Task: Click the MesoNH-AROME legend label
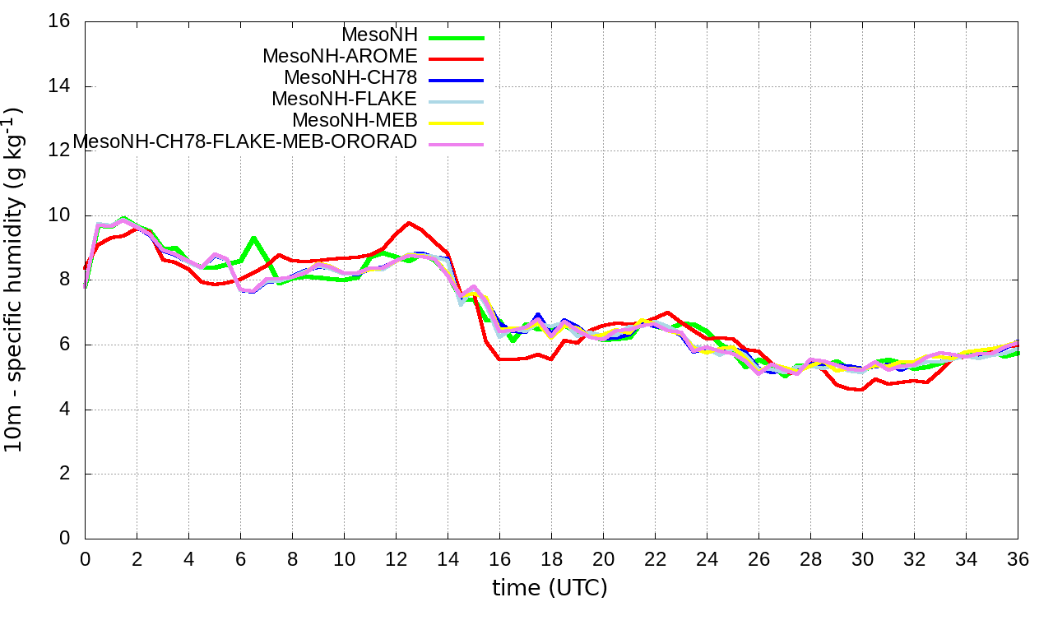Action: pyautogui.click(x=340, y=57)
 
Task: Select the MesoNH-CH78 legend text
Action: pyautogui.click(x=350, y=78)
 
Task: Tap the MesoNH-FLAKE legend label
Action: pyautogui.click(x=345, y=100)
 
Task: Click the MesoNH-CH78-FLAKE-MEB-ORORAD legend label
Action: pyautogui.click(x=245, y=142)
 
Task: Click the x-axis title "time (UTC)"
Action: pyautogui.click(x=550, y=588)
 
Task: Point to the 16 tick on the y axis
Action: pyautogui.click(x=59, y=21)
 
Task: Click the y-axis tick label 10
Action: pyautogui.click(x=59, y=215)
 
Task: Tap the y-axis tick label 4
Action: pyautogui.click(x=64, y=410)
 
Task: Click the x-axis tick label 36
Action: pyautogui.click(x=1018, y=559)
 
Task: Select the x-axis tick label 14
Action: pyautogui.click(x=448, y=559)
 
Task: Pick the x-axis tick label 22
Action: pyautogui.click(x=655, y=559)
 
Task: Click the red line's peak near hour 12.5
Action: pyautogui.click(x=409, y=223)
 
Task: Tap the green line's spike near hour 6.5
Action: pyautogui.click(x=253, y=238)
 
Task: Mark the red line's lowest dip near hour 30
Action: pyautogui.click(x=860, y=390)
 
